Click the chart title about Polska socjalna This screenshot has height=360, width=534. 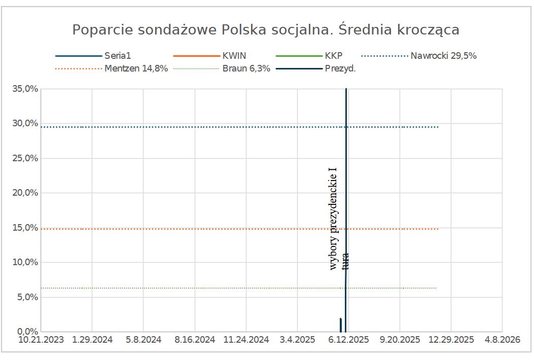(x=266, y=29)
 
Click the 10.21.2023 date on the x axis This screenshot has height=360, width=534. (x=41, y=340)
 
